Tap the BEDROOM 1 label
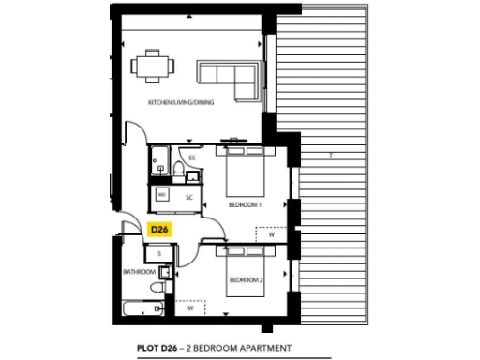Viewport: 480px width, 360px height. tap(245, 203)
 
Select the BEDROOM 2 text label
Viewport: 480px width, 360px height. tap(246, 279)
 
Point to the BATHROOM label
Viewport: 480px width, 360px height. tap(138, 272)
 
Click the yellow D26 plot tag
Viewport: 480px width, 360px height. tap(158, 228)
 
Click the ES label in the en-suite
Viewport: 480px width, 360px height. tap(191, 158)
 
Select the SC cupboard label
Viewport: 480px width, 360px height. tap(188, 198)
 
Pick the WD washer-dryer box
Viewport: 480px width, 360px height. tap(162, 195)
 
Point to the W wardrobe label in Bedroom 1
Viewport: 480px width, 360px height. tap(271, 235)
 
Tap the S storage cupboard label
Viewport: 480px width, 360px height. tap(159, 253)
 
